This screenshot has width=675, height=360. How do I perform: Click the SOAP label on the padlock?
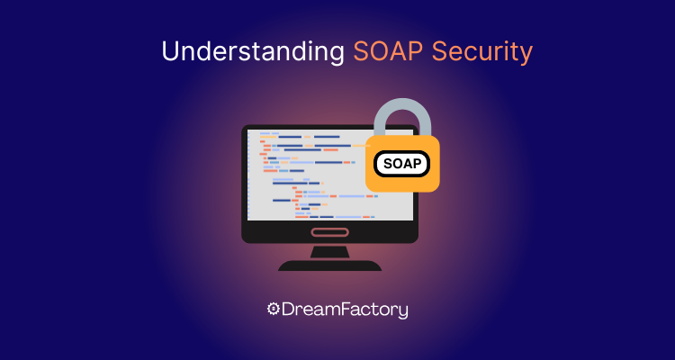[x=401, y=164]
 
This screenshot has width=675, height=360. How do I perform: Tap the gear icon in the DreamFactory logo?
[x=274, y=310]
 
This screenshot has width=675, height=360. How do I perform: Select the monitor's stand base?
[x=330, y=265]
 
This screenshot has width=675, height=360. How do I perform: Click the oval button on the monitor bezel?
[x=330, y=232]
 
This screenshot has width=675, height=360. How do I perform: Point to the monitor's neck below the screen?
[x=330, y=250]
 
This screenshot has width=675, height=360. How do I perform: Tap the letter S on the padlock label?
[x=388, y=164]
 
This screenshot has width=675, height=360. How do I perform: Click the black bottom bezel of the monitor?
[x=270, y=232]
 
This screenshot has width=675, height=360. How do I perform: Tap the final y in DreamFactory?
[x=402, y=312]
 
